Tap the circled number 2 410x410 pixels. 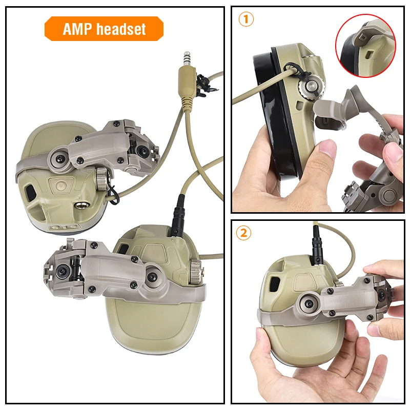244,233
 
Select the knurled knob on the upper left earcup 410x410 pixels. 100,178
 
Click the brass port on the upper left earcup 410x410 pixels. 80,204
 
